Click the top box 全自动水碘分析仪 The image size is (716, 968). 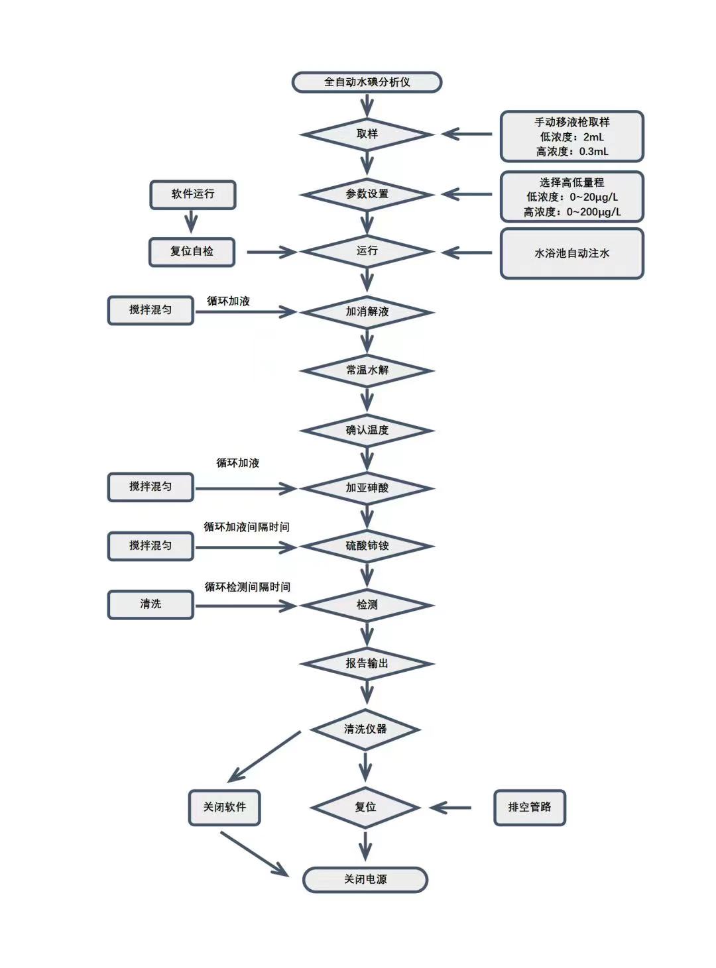367,82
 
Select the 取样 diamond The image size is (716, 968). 367,134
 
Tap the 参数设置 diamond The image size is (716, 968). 367,194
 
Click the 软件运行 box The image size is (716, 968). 192,194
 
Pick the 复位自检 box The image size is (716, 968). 192,252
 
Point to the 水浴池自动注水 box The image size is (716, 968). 571,253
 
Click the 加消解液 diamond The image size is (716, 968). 367,311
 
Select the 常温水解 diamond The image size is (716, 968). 367,370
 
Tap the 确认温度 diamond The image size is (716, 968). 367,431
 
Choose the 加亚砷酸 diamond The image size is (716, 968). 367,488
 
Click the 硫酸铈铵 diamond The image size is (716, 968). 367,547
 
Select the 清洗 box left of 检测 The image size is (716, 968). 150,604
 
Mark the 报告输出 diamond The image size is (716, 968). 367,663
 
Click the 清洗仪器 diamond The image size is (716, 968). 365,729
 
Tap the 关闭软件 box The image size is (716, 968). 224,807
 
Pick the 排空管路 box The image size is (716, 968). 529,807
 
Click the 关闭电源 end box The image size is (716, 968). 365,880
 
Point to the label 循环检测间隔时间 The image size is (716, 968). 247,587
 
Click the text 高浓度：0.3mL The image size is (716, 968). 571,152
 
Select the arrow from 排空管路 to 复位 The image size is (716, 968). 451,808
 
